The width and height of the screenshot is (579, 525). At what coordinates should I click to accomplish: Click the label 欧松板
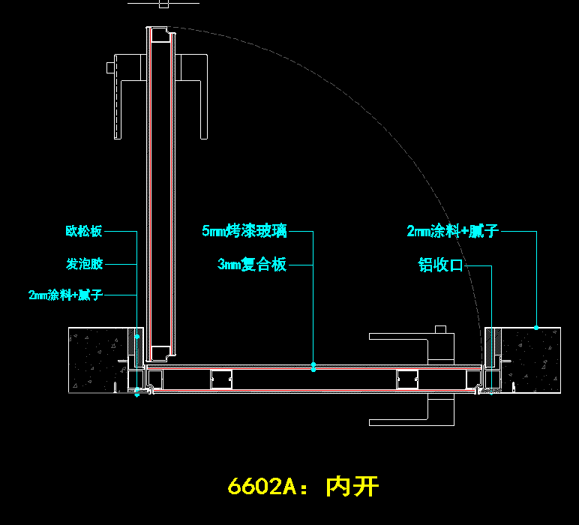tap(83, 232)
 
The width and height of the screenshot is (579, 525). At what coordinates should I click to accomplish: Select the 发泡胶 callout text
tap(84, 264)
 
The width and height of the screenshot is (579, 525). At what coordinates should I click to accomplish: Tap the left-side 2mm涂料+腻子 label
tap(64, 295)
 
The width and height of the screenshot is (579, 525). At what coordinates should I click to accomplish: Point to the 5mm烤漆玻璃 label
tap(244, 231)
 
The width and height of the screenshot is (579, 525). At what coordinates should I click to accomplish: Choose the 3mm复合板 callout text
tap(252, 264)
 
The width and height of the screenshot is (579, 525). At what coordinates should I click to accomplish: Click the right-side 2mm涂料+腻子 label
tap(452, 231)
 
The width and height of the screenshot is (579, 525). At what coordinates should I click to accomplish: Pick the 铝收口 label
tap(441, 265)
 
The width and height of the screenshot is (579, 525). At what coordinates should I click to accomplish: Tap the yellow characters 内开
tap(352, 487)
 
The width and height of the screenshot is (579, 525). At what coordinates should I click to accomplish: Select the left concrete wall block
tap(97, 360)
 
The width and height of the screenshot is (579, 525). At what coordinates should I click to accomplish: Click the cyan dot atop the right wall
tap(536, 327)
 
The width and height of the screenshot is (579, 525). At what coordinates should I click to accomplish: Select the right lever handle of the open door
tap(196, 90)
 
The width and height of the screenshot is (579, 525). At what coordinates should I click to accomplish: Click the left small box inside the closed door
tap(220, 380)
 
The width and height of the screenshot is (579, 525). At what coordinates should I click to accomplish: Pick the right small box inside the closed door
tap(406, 380)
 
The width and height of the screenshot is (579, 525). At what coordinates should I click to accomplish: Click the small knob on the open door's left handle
tap(110, 69)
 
